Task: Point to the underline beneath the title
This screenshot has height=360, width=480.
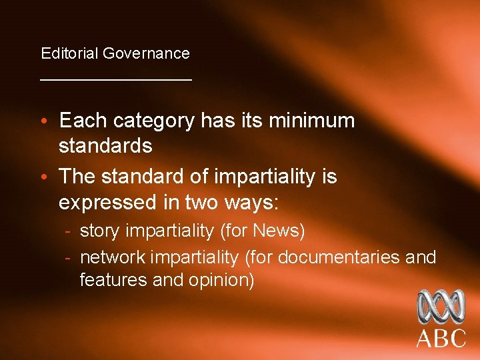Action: point(116,79)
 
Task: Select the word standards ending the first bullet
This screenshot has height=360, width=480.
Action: point(105,145)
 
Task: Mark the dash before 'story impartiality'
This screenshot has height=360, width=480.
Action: point(69,231)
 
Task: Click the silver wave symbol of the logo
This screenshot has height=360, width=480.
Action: point(440,306)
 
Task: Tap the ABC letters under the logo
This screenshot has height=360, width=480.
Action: point(441,338)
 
